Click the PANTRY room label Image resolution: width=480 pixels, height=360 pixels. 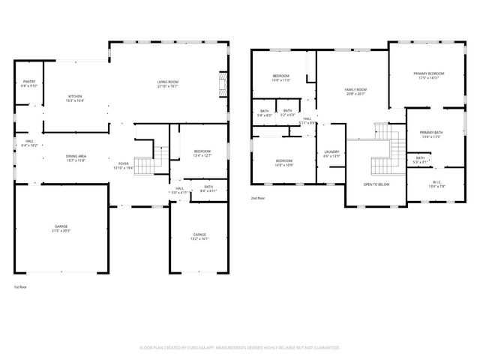point(30,83)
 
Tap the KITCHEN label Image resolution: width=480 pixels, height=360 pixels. point(75,98)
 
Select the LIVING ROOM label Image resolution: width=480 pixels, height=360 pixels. point(167,83)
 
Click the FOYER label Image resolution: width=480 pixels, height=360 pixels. point(123,165)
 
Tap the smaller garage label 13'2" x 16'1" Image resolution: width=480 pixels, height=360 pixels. point(199,236)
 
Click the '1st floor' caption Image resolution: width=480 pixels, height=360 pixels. point(22,287)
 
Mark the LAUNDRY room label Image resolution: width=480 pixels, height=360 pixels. point(331,154)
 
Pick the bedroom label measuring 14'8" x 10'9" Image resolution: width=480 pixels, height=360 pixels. point(283,163)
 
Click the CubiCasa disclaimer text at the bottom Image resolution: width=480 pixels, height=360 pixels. point(240,348)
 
